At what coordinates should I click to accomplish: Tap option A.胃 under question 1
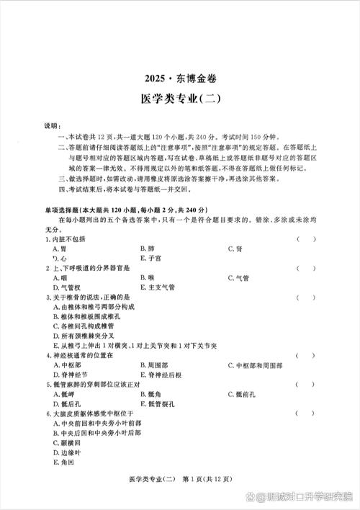[x=61, y=248]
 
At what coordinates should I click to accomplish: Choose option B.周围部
[x=152, y=364]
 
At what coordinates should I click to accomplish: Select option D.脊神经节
[x=70, y=375]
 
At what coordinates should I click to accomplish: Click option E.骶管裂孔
[x=154, y=404]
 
